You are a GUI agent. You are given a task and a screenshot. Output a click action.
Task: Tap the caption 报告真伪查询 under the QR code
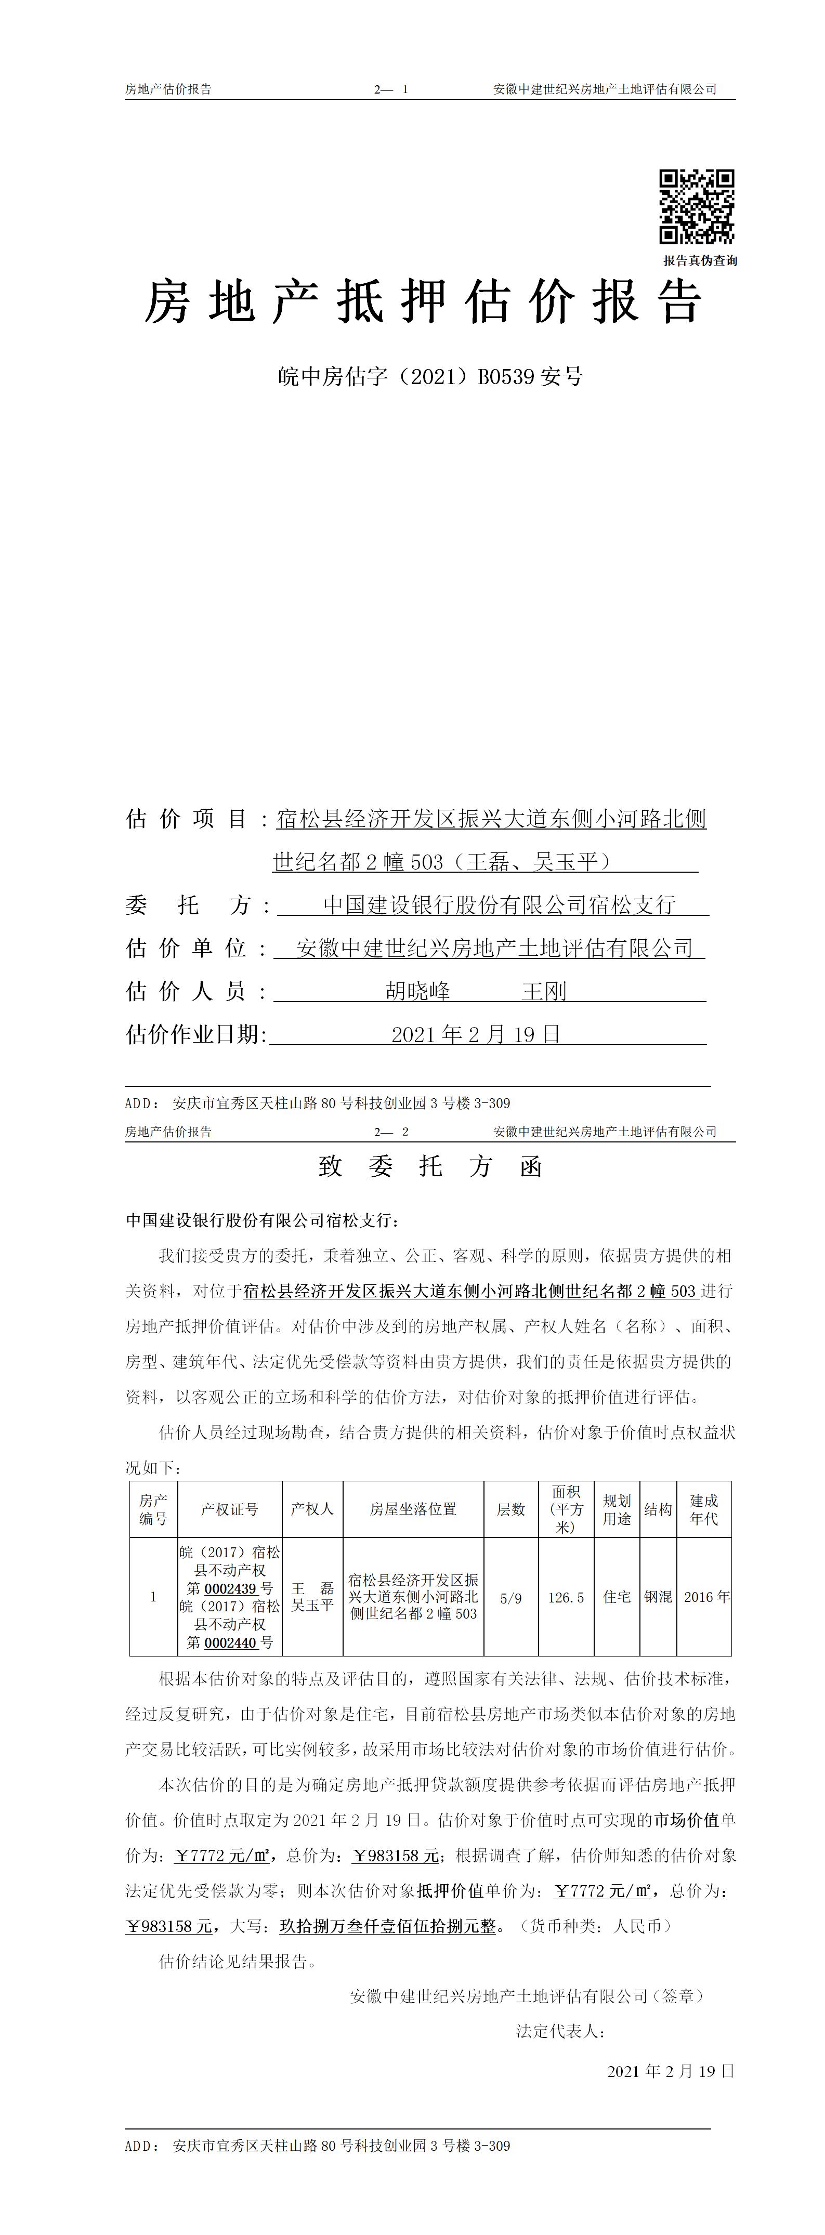[700, 260]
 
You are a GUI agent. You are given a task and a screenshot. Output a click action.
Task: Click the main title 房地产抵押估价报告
[423, 302]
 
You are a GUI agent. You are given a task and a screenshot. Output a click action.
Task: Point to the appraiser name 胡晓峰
[418, 991]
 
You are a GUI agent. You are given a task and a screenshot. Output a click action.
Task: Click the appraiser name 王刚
[544, 991]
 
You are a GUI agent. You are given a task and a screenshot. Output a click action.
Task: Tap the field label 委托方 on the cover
[188, 905]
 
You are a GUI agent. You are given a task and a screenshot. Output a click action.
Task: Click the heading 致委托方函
[430, 1167]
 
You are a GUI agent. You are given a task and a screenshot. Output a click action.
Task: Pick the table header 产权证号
[229, 1509]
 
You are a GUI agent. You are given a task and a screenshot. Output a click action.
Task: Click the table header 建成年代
[703, 1509]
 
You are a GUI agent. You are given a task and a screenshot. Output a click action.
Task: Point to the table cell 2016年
[706, 1596]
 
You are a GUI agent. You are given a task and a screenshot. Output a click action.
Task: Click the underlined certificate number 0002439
[231, 1588]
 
